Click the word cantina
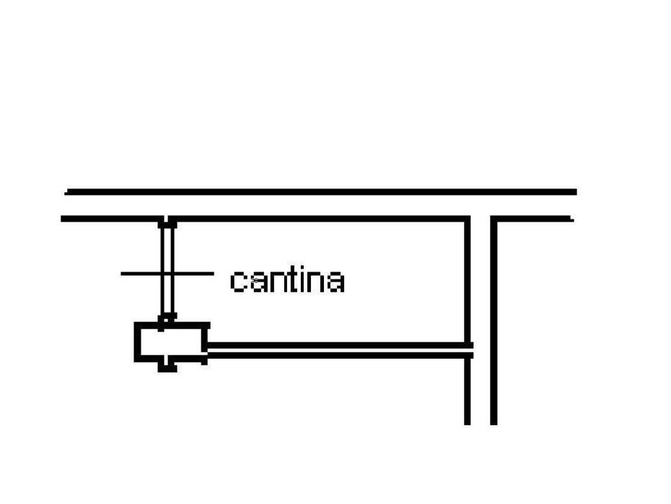tap(287, 280)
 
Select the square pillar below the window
tap(172, 342)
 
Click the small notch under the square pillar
tap(167, 367)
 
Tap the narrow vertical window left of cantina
tap(167, 271)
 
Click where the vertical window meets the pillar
tap(167, 321)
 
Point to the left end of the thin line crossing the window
tap(121, 273)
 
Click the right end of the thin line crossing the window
tap(213, 273)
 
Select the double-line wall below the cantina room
tap(341, 350)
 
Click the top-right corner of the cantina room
tap(468, 219)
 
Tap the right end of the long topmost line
tap(576, 192)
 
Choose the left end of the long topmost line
tap(65, 192)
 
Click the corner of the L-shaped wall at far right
tap(494, 219)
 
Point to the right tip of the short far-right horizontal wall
tap(573, 219)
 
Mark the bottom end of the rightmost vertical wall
tap(494, 425)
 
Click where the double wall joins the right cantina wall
tap(468, 350)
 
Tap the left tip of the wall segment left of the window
tap(61, 219)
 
